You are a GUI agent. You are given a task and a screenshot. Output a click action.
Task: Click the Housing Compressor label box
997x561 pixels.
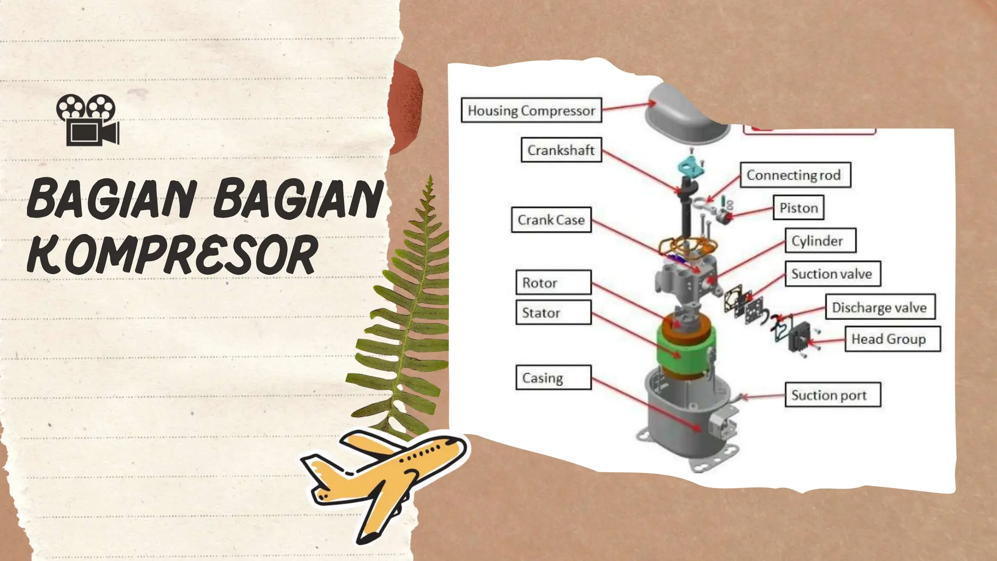coord(532,111)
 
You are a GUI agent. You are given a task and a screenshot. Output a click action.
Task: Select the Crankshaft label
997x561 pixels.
coord(561,150)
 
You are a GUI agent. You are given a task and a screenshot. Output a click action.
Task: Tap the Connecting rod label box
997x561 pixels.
coord(795,175)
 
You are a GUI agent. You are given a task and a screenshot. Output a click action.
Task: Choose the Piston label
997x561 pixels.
coord(798,208)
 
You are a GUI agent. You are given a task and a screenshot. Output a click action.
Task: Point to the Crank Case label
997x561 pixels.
coord(552,220)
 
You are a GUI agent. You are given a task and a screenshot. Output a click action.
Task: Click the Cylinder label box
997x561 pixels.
coord(820,241)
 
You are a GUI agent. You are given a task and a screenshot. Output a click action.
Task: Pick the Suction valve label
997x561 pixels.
coord(832,274)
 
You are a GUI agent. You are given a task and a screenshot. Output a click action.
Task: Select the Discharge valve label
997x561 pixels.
coord(880,307)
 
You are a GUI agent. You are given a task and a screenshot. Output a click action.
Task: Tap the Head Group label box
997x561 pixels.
coord(893,339)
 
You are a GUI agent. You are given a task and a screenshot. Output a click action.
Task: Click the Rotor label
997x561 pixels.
coord(554,282)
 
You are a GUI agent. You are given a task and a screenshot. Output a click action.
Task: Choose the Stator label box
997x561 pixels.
coord(554,312)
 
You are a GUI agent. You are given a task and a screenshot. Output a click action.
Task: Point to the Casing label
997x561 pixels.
coord(554,377)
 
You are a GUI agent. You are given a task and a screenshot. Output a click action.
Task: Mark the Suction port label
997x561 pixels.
coord(832,394)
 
